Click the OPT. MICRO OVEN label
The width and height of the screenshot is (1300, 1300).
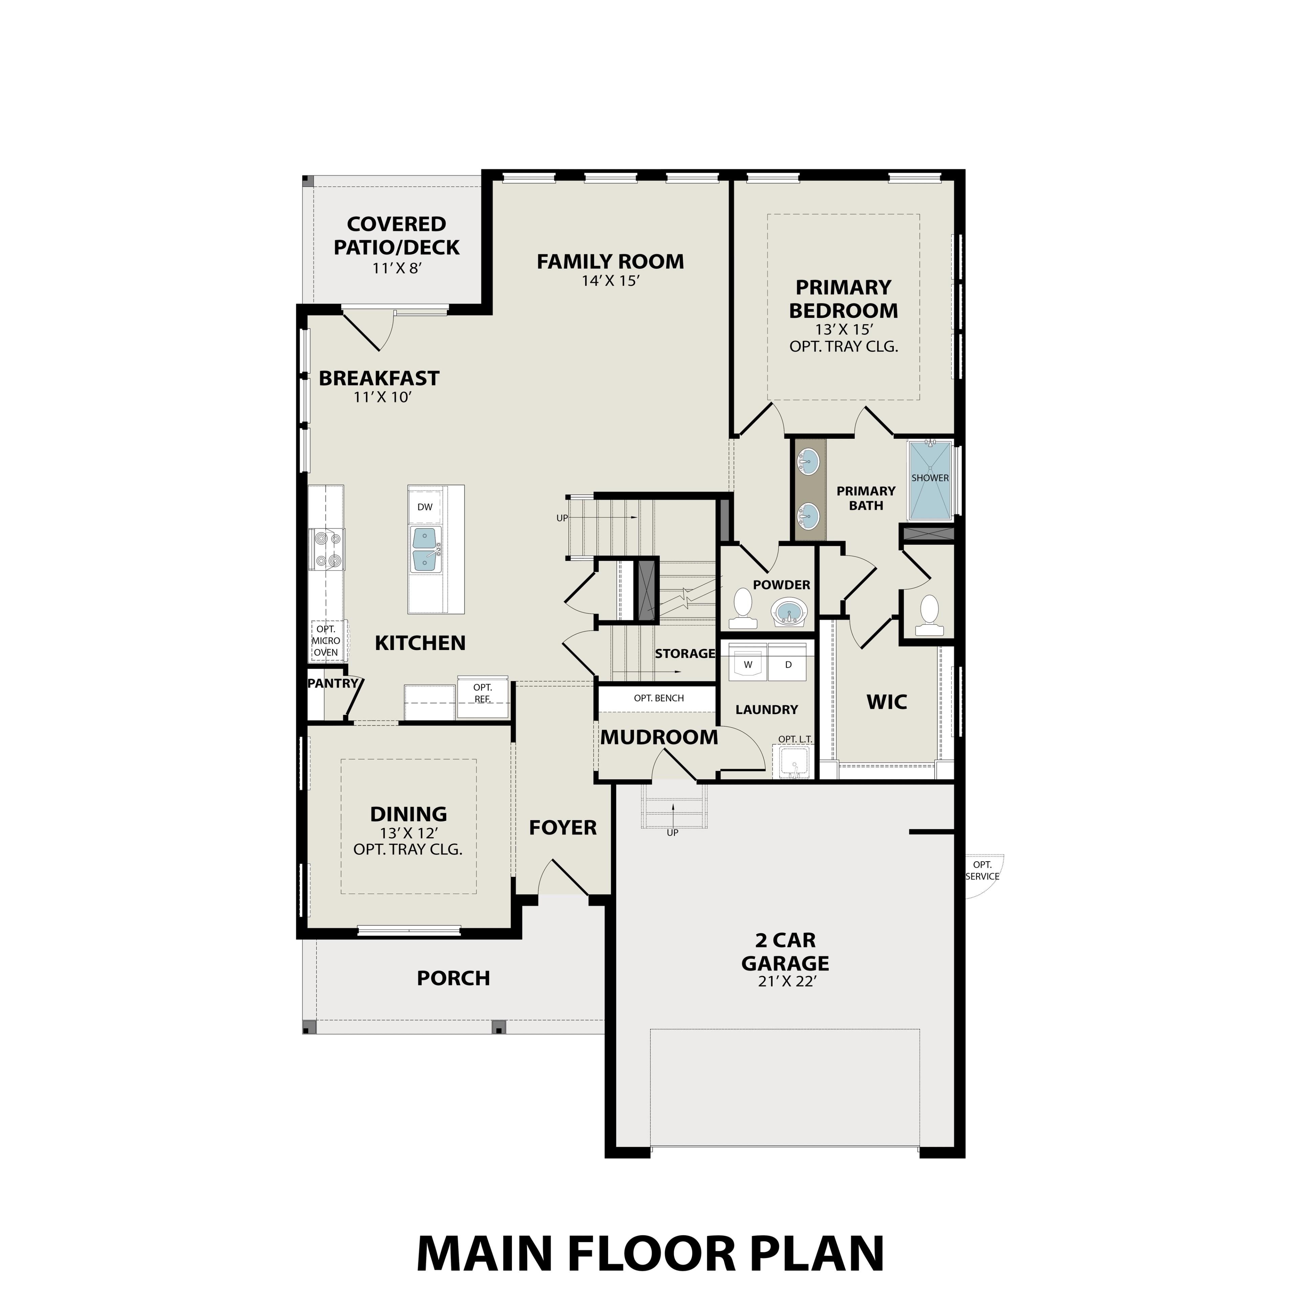(x=326, y=641)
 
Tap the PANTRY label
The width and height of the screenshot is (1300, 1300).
(x=332, y=684)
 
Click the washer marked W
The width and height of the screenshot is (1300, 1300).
(x=747, y=664)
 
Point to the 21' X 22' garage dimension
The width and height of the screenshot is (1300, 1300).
(x=786, y=982)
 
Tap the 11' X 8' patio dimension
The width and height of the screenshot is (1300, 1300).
(x=396, y=268)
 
